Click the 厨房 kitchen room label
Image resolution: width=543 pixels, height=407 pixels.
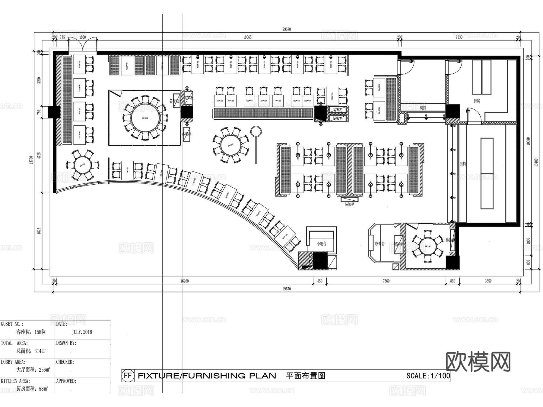point(477,101)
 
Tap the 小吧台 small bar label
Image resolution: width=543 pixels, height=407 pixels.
point(322,243)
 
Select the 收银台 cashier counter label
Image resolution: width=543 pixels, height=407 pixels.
point(379,244)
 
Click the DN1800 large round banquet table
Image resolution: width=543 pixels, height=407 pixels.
point(144,118)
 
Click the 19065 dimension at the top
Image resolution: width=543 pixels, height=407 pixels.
point(247,37)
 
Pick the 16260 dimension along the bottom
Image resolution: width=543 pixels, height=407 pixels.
point(184,281)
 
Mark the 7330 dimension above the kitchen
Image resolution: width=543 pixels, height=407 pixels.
point(459,37)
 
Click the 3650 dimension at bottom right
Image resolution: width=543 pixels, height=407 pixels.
point(488,281)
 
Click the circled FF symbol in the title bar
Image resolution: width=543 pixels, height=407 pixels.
point(128,376)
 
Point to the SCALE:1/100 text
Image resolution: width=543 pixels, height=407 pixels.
point(428,376)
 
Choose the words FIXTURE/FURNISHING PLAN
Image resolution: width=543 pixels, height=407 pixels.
point(207,376)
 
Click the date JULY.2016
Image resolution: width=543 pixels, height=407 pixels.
point(82,332)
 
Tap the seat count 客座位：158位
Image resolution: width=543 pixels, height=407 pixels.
point(31,332)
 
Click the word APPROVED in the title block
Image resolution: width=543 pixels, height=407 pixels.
point(66,381)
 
